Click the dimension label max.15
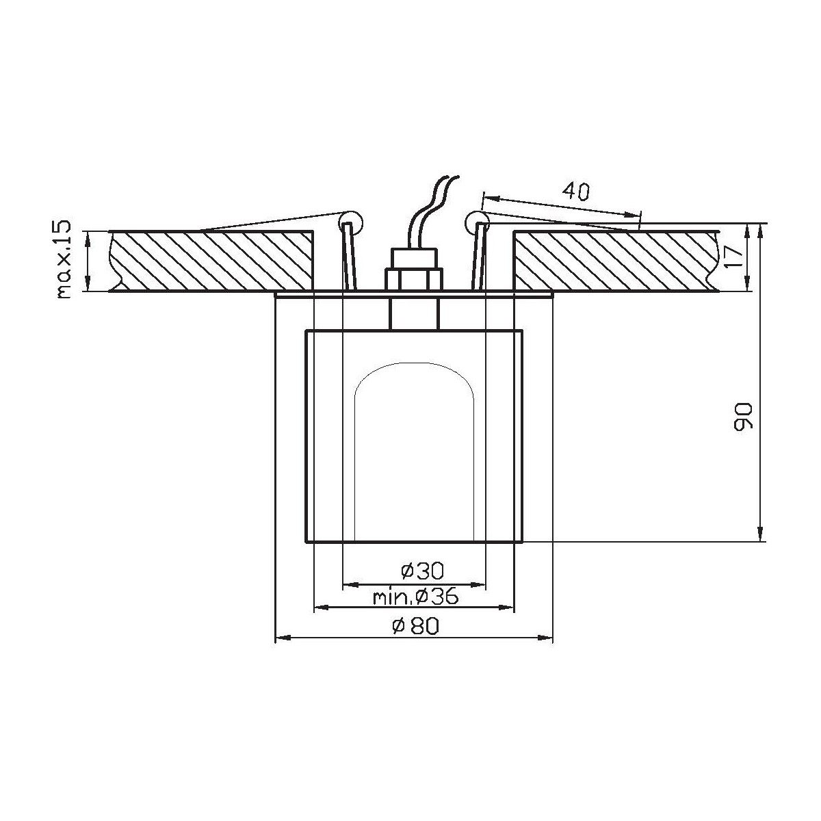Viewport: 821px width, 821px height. tap(64, 261)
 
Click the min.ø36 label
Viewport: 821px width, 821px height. tap(415, 597)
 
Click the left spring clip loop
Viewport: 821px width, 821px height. tap(350, 220)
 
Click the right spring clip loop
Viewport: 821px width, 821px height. tap(475, 220)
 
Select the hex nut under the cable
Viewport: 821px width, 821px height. tap(413, 279)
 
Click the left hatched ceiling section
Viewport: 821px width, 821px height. tap(212, 261)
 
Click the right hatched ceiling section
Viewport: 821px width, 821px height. tap(616, 261)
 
